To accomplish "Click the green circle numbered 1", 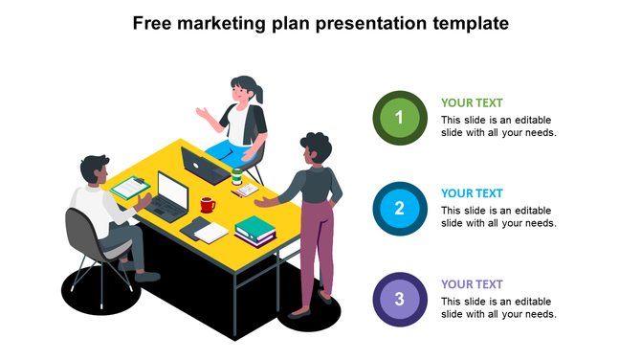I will [x=400, y=120].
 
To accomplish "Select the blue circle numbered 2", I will [x=400, y=208].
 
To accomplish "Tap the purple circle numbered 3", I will [x=400, y=299].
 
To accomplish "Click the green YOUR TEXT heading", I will [x=472, y=103].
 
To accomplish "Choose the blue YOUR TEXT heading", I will [x=472, y=193].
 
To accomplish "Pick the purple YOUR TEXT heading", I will [x=472, y=284].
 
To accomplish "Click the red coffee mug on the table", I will [x=207, y=205].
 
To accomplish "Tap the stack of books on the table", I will [x=254, y=229].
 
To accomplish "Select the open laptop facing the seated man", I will [x=172, y=196].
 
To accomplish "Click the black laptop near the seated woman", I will [x=204, y=166].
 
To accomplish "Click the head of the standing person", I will [x=315, y=147].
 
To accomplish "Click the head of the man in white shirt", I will [x=94, y=170].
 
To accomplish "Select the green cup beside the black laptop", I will [x=236, y=176].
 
